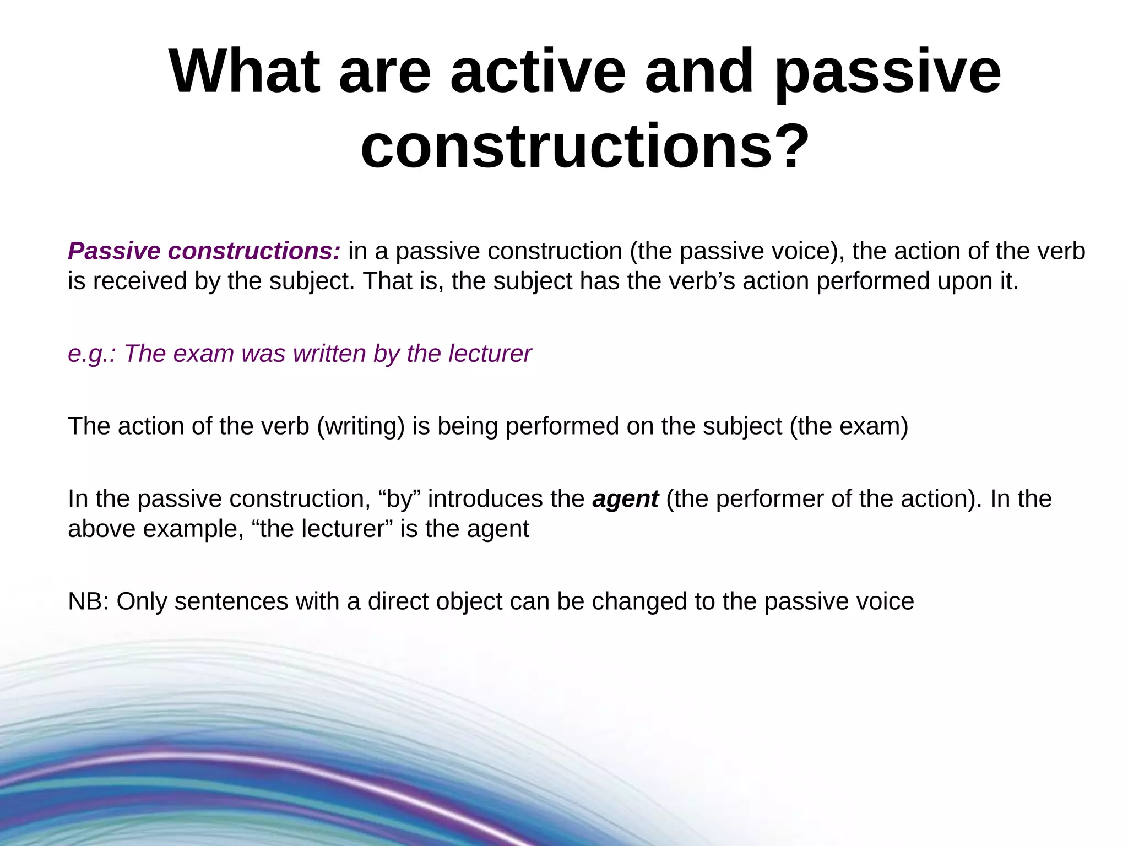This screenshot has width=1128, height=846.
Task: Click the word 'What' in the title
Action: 244,72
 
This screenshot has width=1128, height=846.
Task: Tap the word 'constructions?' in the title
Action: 585,147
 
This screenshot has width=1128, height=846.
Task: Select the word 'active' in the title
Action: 538,72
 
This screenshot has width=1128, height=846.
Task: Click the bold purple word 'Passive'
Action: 114,251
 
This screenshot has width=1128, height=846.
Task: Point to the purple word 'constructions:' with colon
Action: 254,251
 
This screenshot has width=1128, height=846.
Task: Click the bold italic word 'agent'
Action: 625,499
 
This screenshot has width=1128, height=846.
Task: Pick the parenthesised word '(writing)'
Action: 361,426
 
